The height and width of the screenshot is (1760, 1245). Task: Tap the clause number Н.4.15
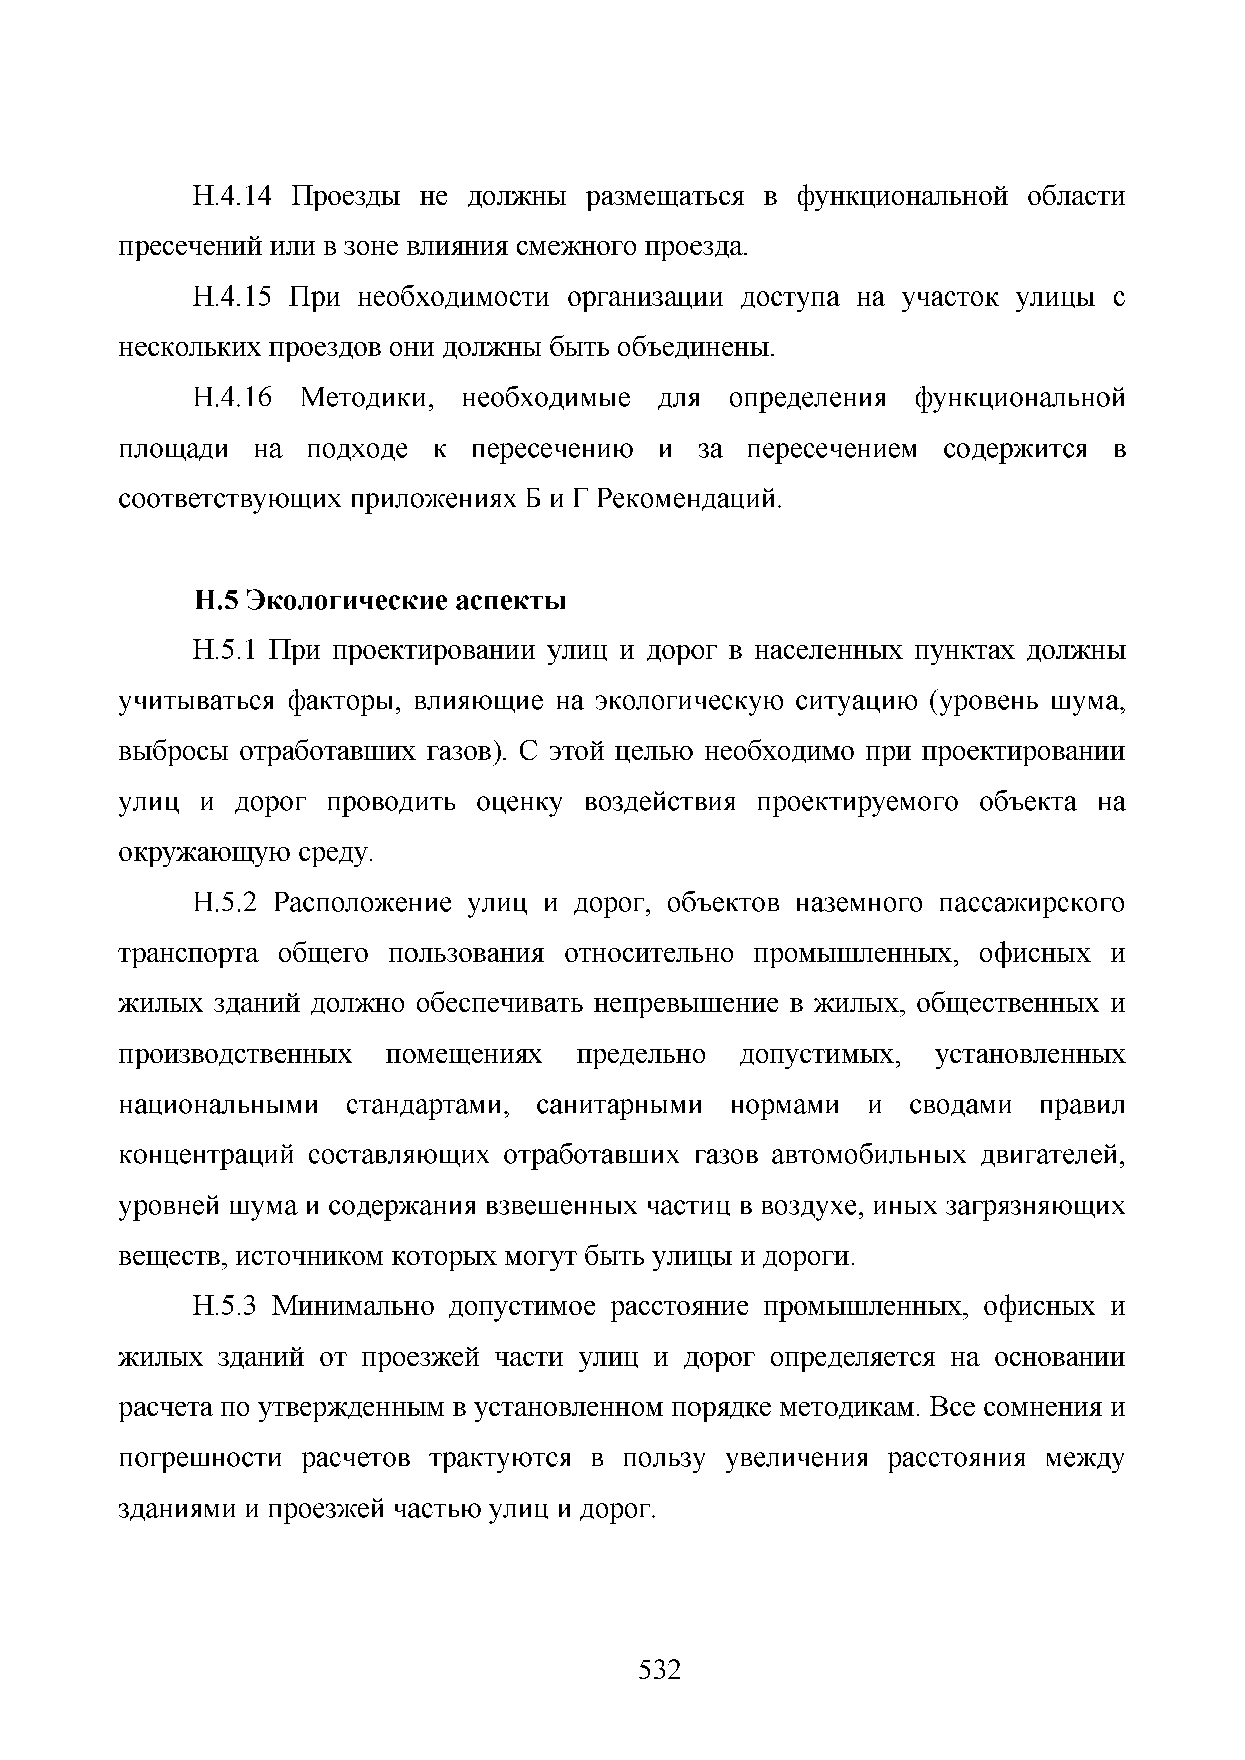pyautogui.click(x=232, y=298)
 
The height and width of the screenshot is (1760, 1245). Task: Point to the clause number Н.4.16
pyautogui.click(x=232, y=398)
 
